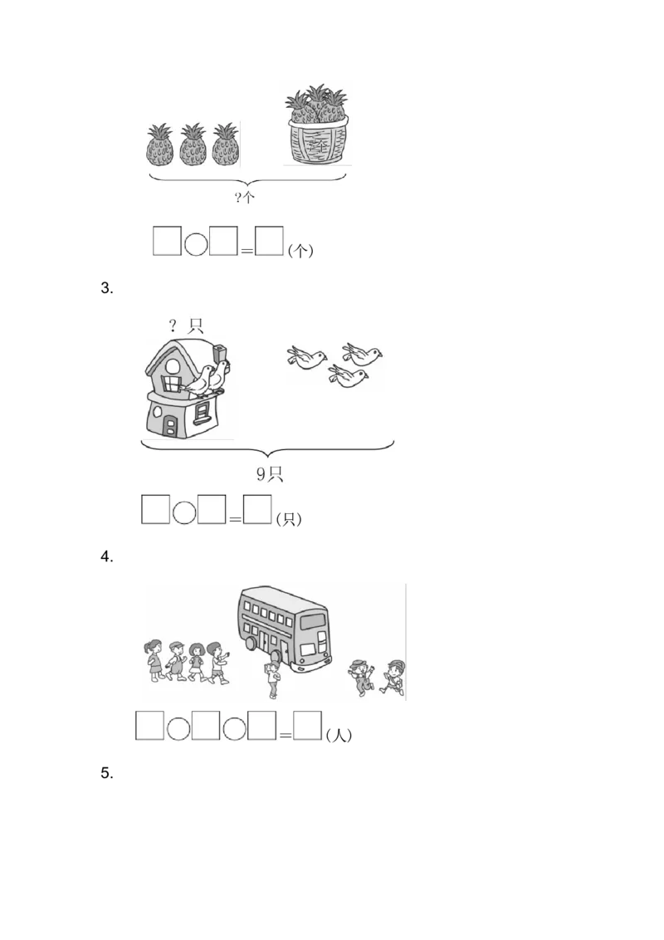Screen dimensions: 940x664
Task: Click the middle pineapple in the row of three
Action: (193, 145)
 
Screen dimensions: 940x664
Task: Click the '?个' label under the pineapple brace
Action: (245, 197)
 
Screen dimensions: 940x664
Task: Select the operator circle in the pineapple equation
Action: (195, 243)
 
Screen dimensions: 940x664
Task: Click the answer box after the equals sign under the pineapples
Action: (270, 243)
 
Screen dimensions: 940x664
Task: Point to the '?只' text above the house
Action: (186, 326)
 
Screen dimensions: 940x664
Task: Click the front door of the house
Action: (171, 426)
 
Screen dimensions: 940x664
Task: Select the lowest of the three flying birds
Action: (348, 376)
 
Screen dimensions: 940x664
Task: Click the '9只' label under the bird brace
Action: (269, 475)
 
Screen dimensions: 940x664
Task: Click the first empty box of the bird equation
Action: (155, 510)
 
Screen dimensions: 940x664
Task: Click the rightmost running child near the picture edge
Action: (393, 676)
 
